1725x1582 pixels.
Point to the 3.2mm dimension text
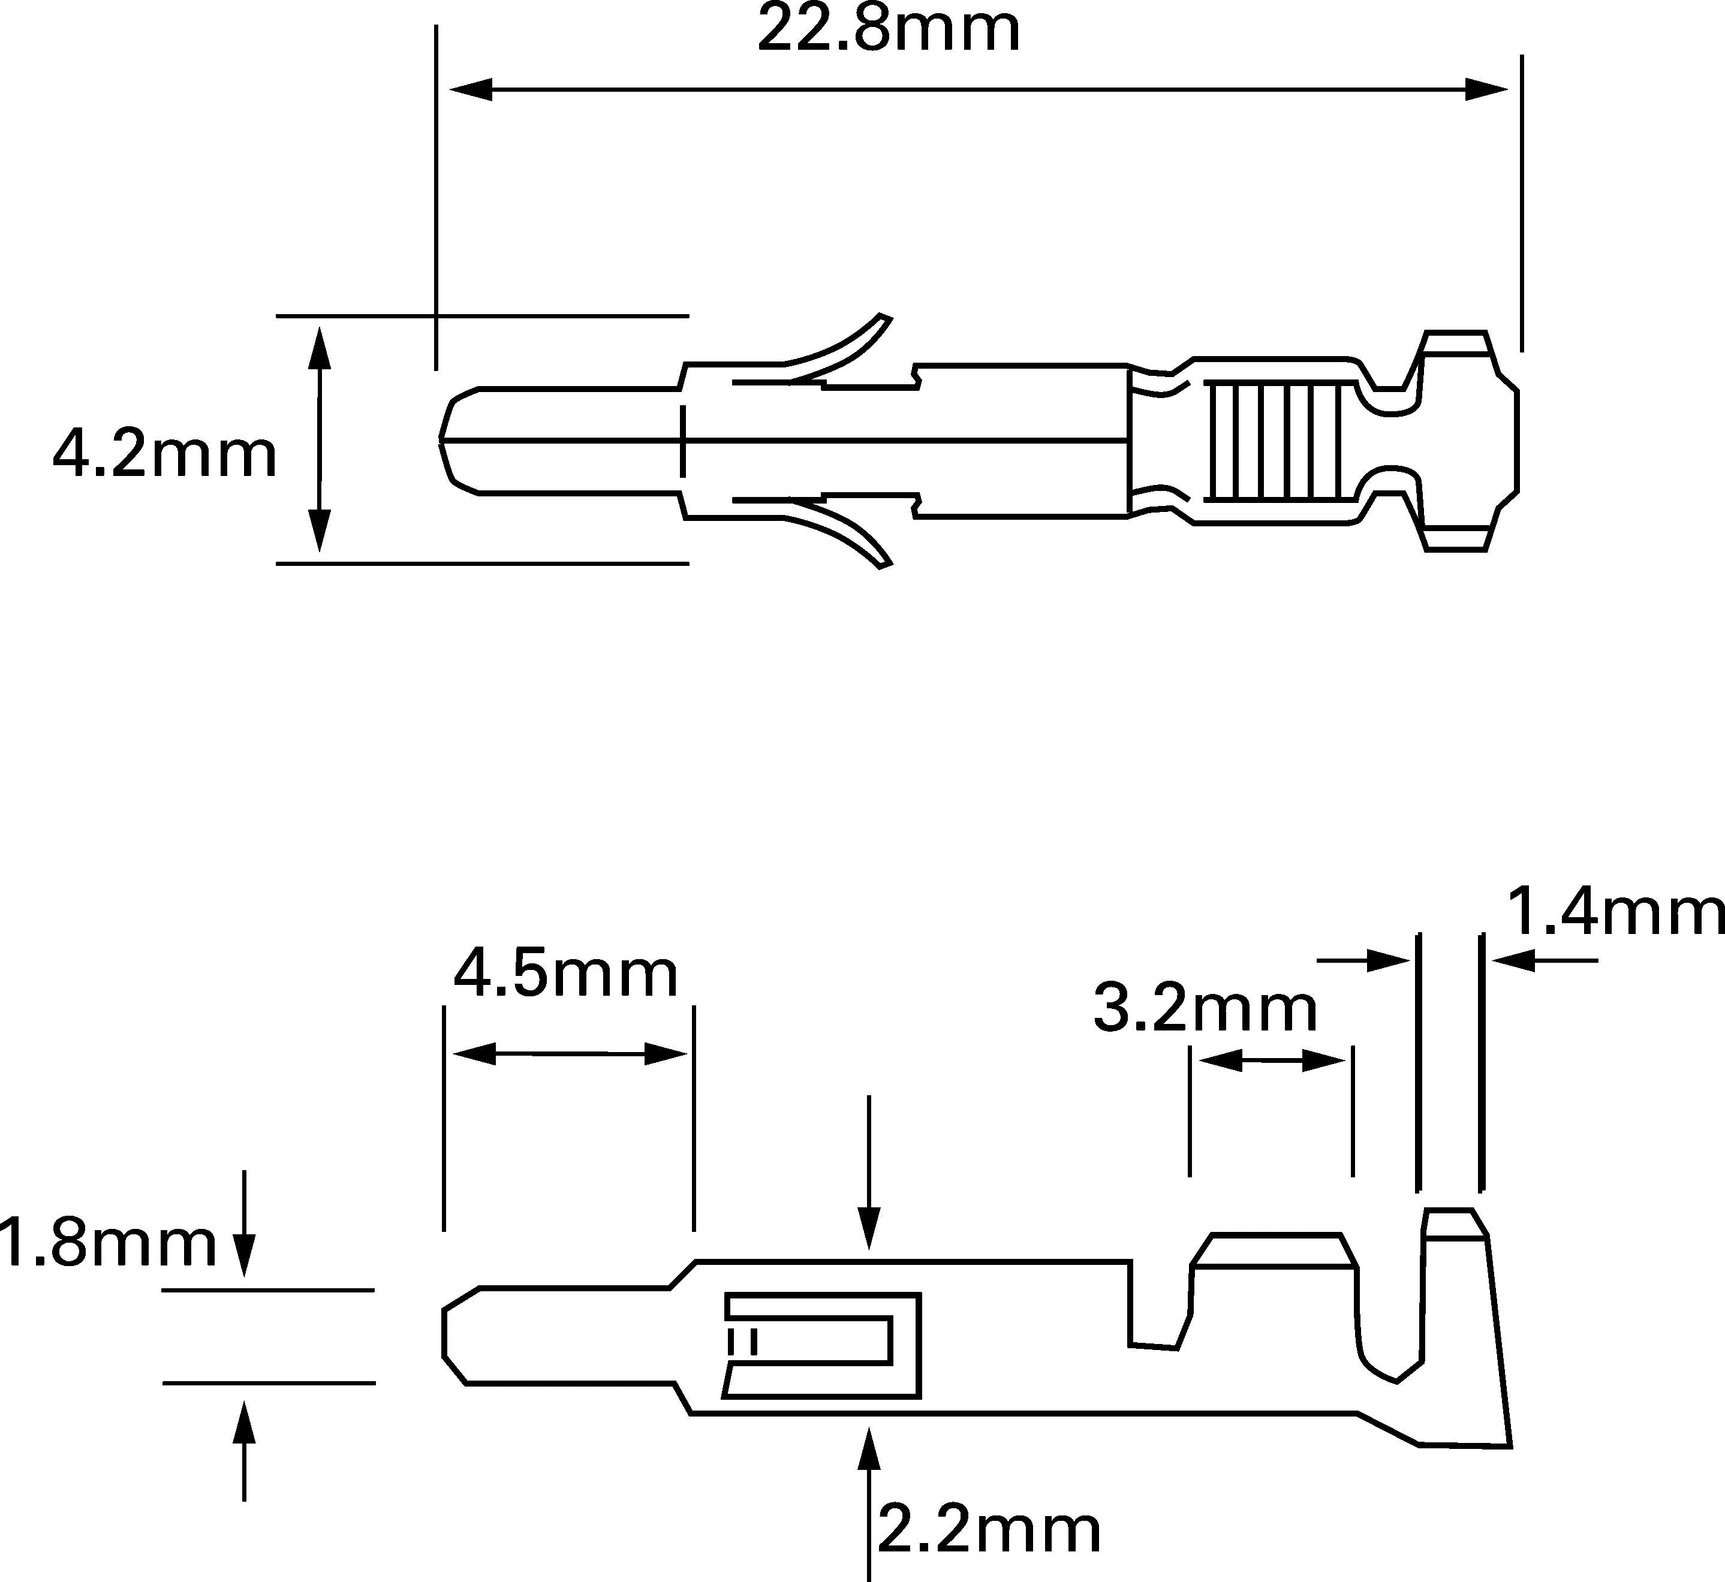pyautogui.click(x=1205, y=1010)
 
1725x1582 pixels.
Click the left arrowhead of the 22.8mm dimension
pyautogui.click(x=471, y=89)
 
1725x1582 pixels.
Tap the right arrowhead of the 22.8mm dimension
pyautogui.click(x=1486, y=89)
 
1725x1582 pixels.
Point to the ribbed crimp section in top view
pyautogui.click(x=1272, y=441)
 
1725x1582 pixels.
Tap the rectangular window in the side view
pyautogui.click(x=822, y=1346)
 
